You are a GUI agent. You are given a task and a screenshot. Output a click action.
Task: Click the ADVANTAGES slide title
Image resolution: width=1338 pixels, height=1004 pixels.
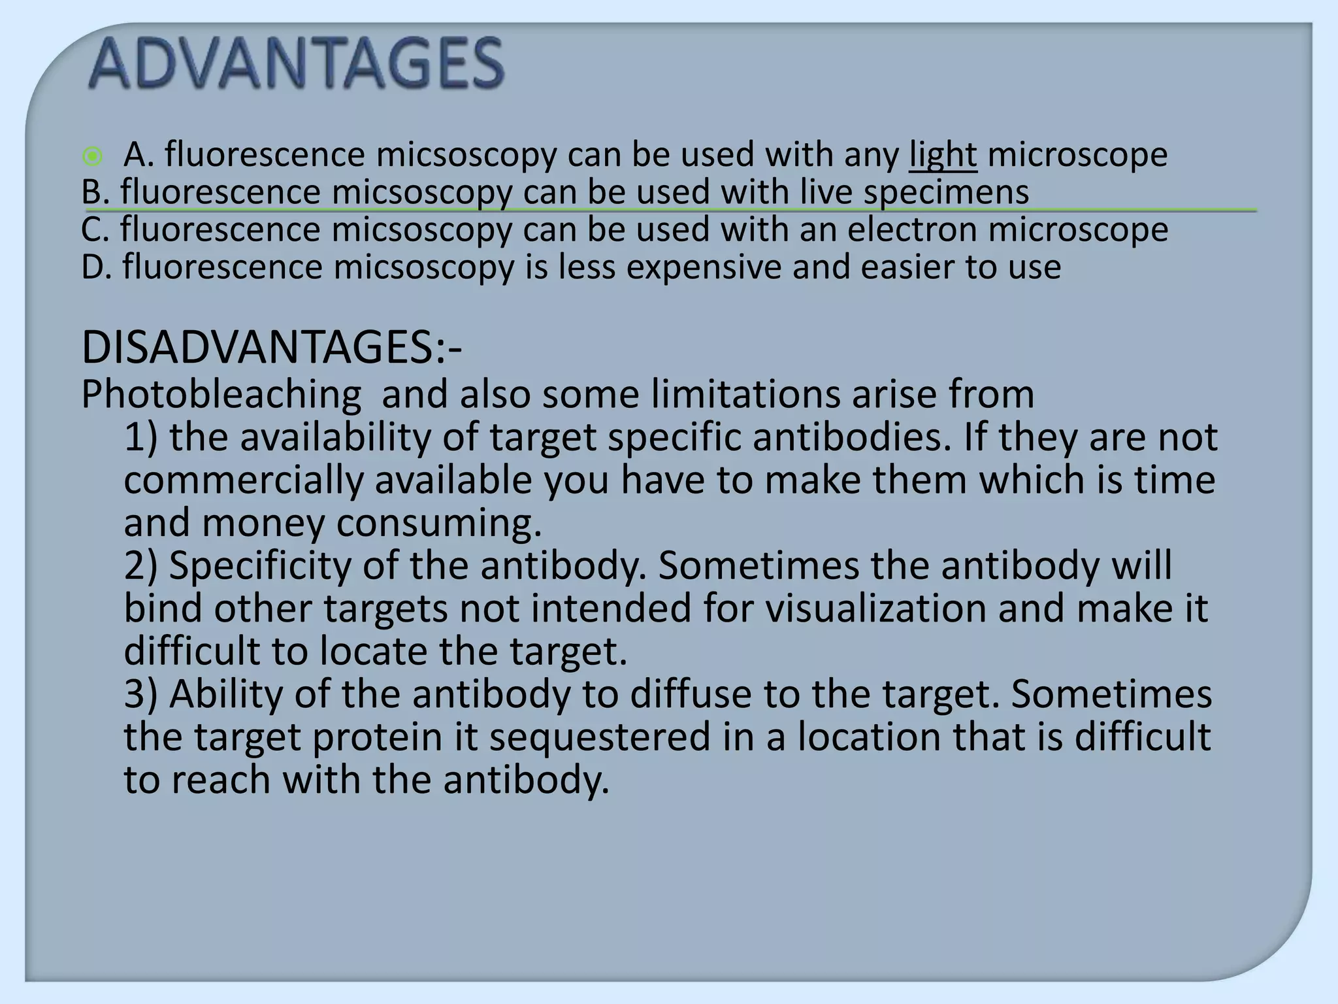point(296,63)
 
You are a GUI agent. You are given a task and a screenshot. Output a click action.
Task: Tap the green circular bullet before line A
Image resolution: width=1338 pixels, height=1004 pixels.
point(93,156)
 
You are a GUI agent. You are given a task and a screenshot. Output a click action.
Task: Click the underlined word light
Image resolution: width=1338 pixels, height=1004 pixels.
point(943,155)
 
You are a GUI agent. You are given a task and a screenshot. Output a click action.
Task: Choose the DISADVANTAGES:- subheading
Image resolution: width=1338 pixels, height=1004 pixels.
point(272,348)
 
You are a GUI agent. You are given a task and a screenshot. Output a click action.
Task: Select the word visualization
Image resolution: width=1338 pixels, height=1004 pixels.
point(875,609)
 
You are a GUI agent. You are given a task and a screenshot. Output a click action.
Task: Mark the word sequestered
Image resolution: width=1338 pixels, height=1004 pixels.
point(599,737)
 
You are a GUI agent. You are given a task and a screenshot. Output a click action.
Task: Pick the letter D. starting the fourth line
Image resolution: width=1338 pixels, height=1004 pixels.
point(97,267)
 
